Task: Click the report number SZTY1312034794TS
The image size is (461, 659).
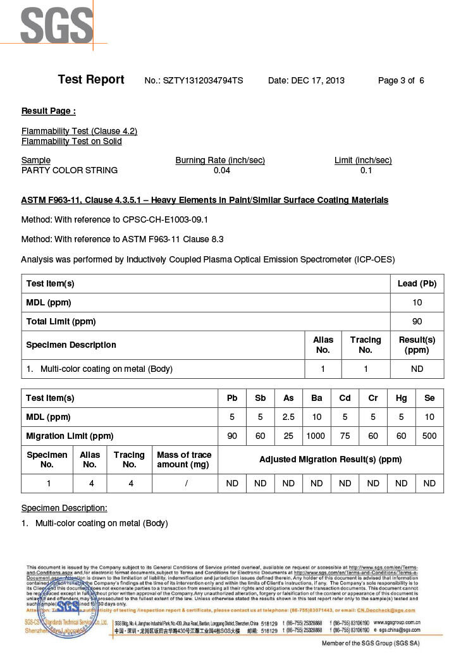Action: coord(203,80)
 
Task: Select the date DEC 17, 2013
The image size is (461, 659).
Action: coord(317,80)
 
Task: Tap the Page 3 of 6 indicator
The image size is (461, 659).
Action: coord(401,80)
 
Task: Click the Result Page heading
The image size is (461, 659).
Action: coord(49,111)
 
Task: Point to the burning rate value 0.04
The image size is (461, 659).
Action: coord(222,170)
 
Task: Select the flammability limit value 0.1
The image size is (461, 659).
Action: coord(366,170)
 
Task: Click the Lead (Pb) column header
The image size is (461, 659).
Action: coord(417,283)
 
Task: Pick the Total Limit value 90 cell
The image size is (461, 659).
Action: coord(417,321)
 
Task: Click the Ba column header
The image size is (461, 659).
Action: coord(317,398)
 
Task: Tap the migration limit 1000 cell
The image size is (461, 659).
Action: coord(317,436)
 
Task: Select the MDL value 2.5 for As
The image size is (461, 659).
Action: coord(288,417)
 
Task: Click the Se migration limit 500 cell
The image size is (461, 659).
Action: coord(429,436)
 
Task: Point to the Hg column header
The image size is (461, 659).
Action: coord(401,398)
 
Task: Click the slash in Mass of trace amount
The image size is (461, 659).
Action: coord(184,483)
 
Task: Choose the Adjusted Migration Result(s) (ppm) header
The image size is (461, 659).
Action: coord(330,459)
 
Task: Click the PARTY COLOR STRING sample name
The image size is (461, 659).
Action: coord(70,170)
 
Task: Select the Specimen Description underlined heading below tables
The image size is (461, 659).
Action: coord(65,508)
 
